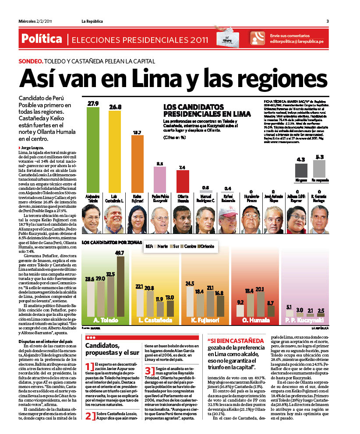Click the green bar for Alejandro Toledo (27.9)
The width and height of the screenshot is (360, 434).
pos(93,149)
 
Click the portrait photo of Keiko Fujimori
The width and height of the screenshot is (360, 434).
pos(138,219)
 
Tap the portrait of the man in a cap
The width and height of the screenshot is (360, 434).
pos(227,219)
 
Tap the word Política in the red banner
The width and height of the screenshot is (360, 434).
pos(42,39)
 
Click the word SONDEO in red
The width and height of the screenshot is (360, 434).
pos(30,62)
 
